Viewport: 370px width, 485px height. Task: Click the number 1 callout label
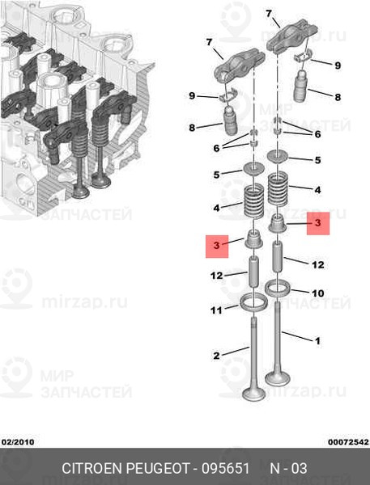click(317, 341)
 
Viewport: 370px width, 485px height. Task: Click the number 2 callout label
click(216, 356)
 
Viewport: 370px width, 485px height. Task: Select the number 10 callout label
click(317, 293)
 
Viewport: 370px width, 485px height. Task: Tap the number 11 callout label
click(216, 310)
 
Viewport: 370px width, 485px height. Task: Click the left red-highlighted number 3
click(216, 244)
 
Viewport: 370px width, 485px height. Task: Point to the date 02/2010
click(18, 441)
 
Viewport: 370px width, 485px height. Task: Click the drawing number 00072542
click(348, 441)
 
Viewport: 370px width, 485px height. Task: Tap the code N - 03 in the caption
click(288, 469)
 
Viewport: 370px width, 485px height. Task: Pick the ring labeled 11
click(254, 304)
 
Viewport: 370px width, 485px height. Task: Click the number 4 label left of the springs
click(216, 208)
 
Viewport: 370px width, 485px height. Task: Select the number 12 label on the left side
click(216, 276)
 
